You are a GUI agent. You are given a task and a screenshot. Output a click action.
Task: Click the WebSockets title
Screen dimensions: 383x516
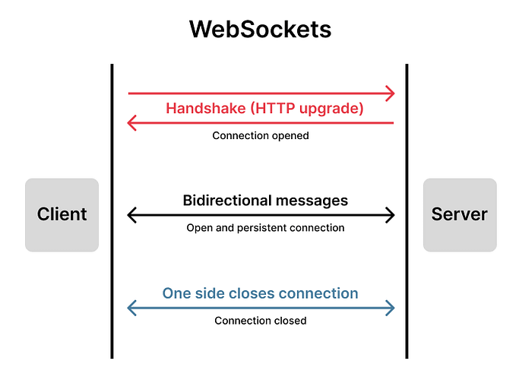[260, 29]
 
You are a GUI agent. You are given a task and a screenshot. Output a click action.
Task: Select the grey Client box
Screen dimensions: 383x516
[62, 214]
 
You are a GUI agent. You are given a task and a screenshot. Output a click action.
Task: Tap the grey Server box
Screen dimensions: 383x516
[459, 214]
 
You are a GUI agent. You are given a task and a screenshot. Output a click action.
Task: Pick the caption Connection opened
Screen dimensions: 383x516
[260, 137]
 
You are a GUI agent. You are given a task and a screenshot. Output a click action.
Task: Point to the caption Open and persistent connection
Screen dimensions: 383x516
[265, 228]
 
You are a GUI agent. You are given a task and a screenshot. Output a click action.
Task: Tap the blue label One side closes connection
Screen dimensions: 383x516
[260, 293]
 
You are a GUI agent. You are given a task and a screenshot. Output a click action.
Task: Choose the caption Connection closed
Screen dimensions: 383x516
[260, 321]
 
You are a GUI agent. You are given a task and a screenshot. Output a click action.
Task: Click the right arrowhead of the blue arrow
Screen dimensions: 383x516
[391, 308]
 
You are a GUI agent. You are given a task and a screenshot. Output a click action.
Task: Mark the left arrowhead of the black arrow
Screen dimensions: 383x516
[132, 215]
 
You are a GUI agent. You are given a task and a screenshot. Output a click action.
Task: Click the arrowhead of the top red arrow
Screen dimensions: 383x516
[391, 93]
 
